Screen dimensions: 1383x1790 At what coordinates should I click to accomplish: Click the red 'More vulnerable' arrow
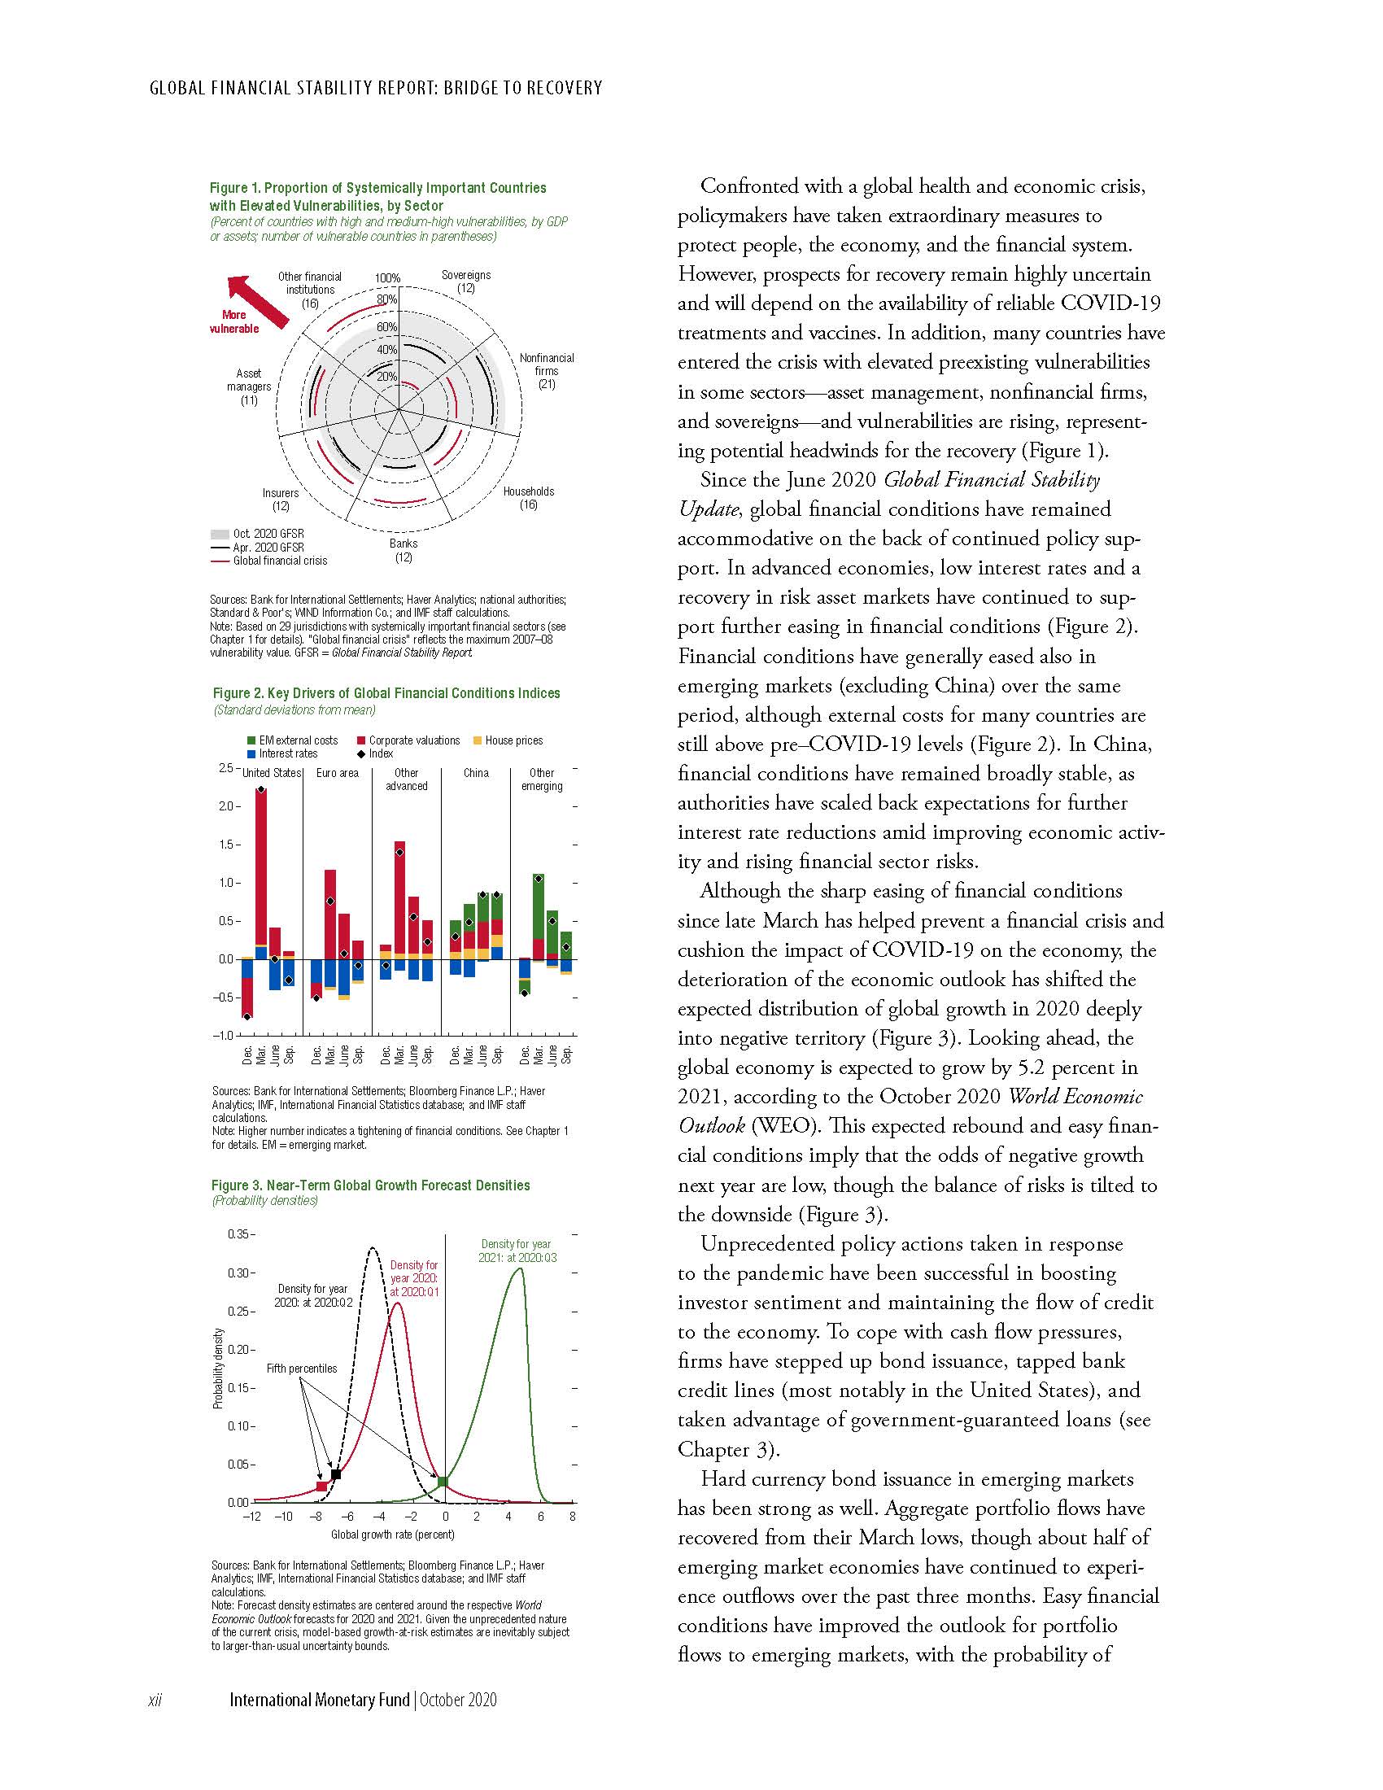pos(257,302)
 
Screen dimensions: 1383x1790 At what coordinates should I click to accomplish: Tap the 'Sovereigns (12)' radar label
pos(465,282)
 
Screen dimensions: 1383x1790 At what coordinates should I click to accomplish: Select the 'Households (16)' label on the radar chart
pos(529,497)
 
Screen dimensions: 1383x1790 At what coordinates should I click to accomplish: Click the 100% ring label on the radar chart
pos(387,277)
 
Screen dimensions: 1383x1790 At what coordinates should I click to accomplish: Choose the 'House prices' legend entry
pos(513,740)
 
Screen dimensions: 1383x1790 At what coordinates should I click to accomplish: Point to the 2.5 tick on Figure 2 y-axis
pos(225,768)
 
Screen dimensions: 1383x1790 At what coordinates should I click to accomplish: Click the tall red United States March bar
pos(261,869)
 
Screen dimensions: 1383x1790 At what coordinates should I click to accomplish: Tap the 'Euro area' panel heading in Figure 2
pos(338,773)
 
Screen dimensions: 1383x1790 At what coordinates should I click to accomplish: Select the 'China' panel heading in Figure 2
pos(476,773)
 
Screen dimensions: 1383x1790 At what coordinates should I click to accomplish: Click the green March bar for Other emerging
pos(539,906)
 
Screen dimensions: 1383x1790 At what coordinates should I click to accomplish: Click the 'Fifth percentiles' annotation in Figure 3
pos(302,1368)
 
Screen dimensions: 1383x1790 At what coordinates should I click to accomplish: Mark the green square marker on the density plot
pos(443,1481)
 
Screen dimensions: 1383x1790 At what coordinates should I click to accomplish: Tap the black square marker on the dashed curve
pos(336,1474)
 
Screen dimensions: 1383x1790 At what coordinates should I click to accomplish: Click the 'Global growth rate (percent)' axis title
pos(392,1535)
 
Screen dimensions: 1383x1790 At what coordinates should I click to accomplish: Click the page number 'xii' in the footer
pos(155,1700)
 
